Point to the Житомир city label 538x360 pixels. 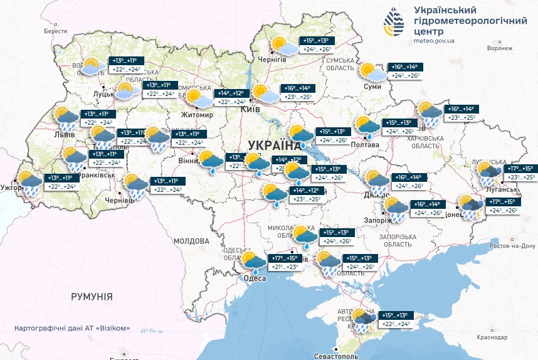pyautogui.click(x=197, y=115)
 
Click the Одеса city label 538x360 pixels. pyautogui.click(x=255, y=278)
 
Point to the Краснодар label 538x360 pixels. pyautogui.click(x=492, y=337)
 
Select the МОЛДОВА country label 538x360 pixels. pyautogui.click(x=191, y=241)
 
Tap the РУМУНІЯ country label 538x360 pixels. pyautogui.click(x=92, y=296)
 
